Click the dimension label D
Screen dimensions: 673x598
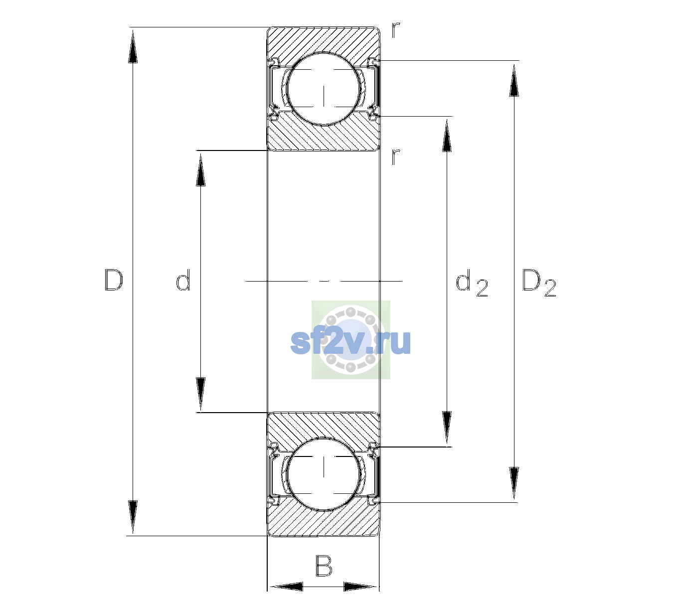pyautogui.click(x=114, y=280)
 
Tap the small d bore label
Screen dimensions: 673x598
pyautogui.click(x=183, y=280)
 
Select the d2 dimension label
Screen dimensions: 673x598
pyautogui.click(x=472, y=283)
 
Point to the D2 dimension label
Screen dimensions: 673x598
pyautogui.click(x=539, y=283)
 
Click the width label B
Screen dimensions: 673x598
pyautogui.click(x=323, y=566)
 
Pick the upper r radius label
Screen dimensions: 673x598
pyautogui.click(x=396, y=30)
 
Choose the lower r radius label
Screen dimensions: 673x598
pyautogui.click(x=396, y=156)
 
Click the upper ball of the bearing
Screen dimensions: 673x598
pyautogui.click(x=324, y=89)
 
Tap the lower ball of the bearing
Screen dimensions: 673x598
pyautogui.click(x=324, y=473)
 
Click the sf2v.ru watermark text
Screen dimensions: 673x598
pyautogui.click(x=350, y=342)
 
